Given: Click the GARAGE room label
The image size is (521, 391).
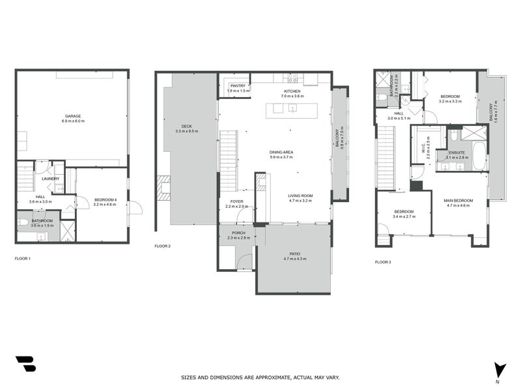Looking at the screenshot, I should pos(73,116).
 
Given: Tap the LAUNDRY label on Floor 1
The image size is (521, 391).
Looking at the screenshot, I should pos(51,179).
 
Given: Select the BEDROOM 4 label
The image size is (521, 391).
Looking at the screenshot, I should pos(104,199).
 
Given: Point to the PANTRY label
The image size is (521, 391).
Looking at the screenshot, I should pos(236,86).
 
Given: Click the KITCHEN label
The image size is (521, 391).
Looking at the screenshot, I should pos(292,91).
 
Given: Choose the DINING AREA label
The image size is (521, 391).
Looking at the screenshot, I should pos(281,152).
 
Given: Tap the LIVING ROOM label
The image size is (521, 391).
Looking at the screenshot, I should pos(301,195).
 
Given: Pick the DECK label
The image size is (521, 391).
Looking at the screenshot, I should pos(187,126).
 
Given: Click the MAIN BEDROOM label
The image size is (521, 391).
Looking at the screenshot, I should pos(458,200).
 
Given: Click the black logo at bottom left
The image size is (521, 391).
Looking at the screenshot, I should pos(25,364).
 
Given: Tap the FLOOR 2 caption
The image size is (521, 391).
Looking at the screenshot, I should pos(162,246).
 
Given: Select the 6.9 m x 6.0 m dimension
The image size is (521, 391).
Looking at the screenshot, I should pos(73,121).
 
